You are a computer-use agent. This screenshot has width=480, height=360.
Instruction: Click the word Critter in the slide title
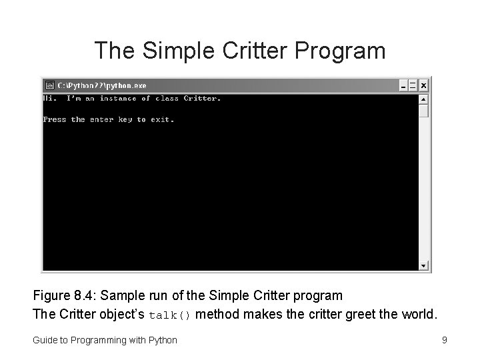pos(262,50)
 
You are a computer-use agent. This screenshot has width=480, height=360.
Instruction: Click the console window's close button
pos(424,85)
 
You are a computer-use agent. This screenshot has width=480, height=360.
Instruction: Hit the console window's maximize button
pos(413,85)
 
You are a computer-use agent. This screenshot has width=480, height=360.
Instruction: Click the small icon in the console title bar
pos(49,85)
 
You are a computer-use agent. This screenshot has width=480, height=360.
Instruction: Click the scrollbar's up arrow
pos(423,99)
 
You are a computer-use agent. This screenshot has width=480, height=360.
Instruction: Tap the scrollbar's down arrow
pos(423,266)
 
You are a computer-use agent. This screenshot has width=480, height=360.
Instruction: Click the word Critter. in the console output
pos(201,99)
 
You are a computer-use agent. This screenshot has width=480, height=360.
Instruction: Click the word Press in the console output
pos(55,120)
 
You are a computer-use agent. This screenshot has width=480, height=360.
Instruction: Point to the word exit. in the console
pos(163,120)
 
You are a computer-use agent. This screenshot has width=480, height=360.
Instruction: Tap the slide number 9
pos(444,340)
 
